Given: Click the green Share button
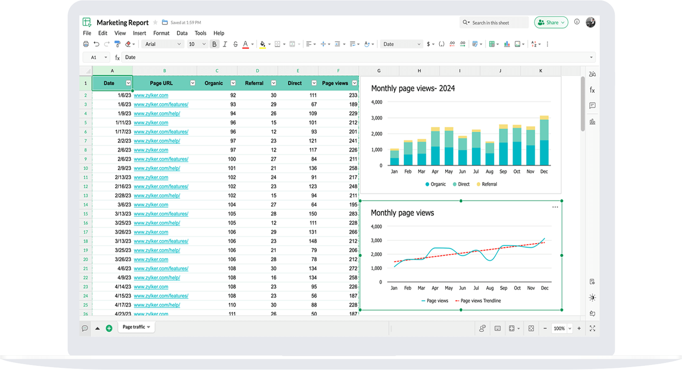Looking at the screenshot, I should pyautogui.click(x=551, y=23).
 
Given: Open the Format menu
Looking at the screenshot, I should pyautogui.click(x=161, y=33).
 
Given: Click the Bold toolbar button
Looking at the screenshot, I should pyautogui.click(x=214, y=44).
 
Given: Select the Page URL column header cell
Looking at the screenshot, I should pyautogui.click(x=161, y=83).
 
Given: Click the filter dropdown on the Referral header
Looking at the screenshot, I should pyautogui.click(x=274, y=83).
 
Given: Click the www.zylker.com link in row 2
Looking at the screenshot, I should pyautogui.click(x=151, y=96).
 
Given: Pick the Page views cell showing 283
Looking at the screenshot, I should pyautogui.click(x=353, y=214).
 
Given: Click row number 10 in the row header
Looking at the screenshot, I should pyautogui.click(x=86, y=168).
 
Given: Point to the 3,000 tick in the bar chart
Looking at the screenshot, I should pyautogui.click(x=376, y=118).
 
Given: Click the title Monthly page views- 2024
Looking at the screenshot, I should pyautogui.click(x=413, y=88).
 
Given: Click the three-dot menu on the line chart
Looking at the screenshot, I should pyautogui.click(x=555, y=207).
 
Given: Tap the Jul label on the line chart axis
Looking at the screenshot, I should pyautogui.click(x=476, y=288).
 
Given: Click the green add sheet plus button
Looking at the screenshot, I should pyautogui.click(x=109, y=328).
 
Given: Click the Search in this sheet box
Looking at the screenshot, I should pyautogui.click(x=495, y=23).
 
